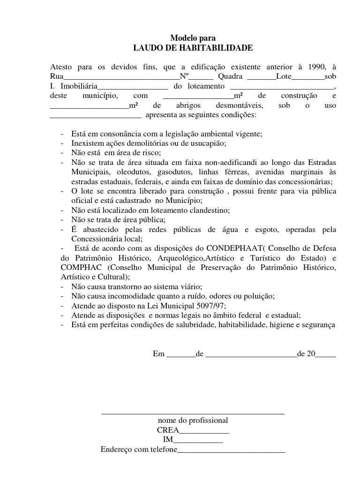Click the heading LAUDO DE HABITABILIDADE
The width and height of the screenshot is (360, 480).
coord(193,48)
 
